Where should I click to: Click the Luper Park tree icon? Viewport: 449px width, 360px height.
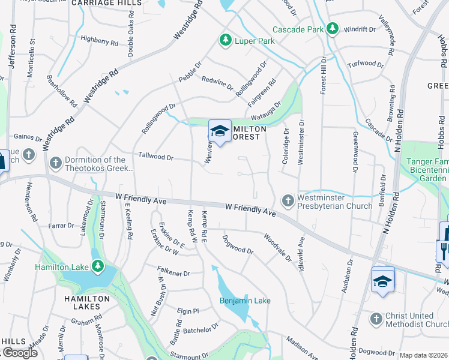click(225, 40)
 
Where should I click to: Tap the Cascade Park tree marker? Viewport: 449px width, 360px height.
click(332, 28)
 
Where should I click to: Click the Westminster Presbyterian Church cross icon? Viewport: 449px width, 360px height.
click(288, 200)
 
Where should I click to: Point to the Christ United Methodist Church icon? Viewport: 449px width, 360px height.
click(376, 319)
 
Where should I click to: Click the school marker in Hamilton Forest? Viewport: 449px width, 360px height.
click(220, 131)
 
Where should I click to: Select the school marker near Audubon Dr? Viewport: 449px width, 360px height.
click(382, 280)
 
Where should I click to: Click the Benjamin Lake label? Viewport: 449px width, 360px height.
click(245, 301)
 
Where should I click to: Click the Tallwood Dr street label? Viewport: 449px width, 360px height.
click(155, 157)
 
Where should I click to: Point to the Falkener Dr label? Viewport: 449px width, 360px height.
click(173, 273)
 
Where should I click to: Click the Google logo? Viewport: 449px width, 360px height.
click(19, 353)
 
